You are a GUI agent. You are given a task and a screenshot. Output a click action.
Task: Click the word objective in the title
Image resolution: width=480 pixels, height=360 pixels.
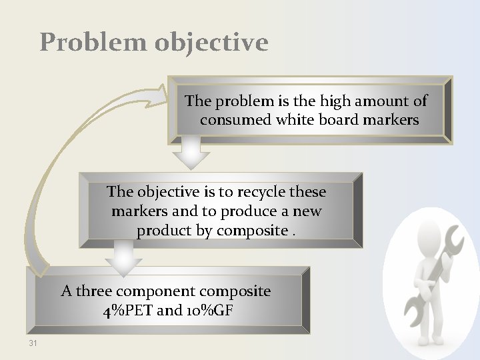coord(211,42)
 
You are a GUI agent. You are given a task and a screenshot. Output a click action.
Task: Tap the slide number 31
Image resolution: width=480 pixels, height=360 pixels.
coord(33,343)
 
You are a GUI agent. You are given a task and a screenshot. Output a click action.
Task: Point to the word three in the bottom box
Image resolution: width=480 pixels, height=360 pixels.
coord(93,291)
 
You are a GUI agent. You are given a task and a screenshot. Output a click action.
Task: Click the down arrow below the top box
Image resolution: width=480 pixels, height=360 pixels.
coord(191,155)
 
